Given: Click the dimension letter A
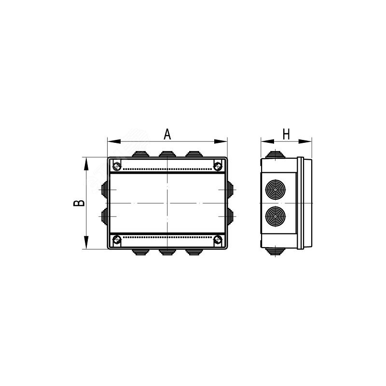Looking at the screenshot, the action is click(167, 134).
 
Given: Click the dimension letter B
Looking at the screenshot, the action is click(79, 203).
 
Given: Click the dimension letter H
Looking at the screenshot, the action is click(286, 134).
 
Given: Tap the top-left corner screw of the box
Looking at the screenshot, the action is click(117, 166).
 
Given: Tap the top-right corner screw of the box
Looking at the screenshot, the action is click(218, 166).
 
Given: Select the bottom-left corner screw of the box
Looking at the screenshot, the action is click(117, 239).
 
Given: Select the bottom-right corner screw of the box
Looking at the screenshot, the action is click(218, 239).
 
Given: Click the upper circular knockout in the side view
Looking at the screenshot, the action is click(276, 190).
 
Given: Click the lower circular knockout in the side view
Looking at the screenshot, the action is click(276, 216).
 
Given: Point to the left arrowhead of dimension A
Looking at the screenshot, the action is click(114, 141).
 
